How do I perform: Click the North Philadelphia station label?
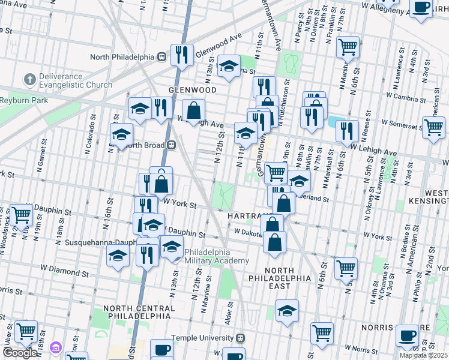[x=122, y=57]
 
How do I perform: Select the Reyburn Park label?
[x=24, y=101]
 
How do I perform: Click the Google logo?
[x=20, y=353]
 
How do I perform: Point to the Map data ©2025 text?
[x=423, y=355]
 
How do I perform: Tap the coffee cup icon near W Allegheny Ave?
[x=421, y=8]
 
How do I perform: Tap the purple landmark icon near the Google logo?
[x=56, y=348]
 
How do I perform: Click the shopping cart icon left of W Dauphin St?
[x=21, y=214]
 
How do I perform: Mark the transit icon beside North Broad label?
[x=171, y=144]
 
